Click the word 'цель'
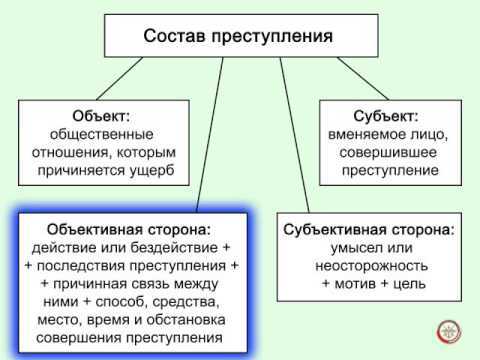[x=410, y=285]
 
